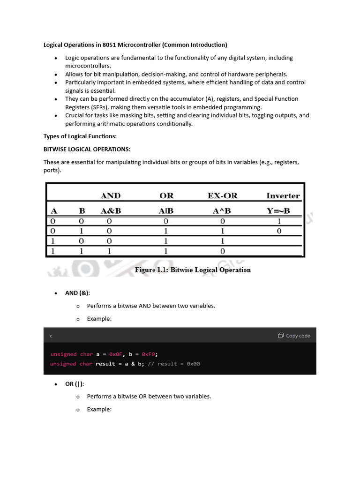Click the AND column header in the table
click(111, 195)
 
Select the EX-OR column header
click(222, 195)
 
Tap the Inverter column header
click(283, 195)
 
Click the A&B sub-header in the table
click(111, 211)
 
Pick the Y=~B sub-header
click(278, 211)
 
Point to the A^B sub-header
click(222, 211)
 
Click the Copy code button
click(294, 336)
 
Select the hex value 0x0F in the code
click(115, 354)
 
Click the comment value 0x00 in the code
click(193, 364)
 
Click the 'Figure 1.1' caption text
click(193, 270)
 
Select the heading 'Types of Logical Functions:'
click(80, 136)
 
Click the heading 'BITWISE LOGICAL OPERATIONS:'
click(87, 149)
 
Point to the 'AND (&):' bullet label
click(77, 293)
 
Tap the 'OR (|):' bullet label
click(75, 384)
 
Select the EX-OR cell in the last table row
click(222, 251)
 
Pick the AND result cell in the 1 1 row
click(109, 251)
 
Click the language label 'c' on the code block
click(51, 336)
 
